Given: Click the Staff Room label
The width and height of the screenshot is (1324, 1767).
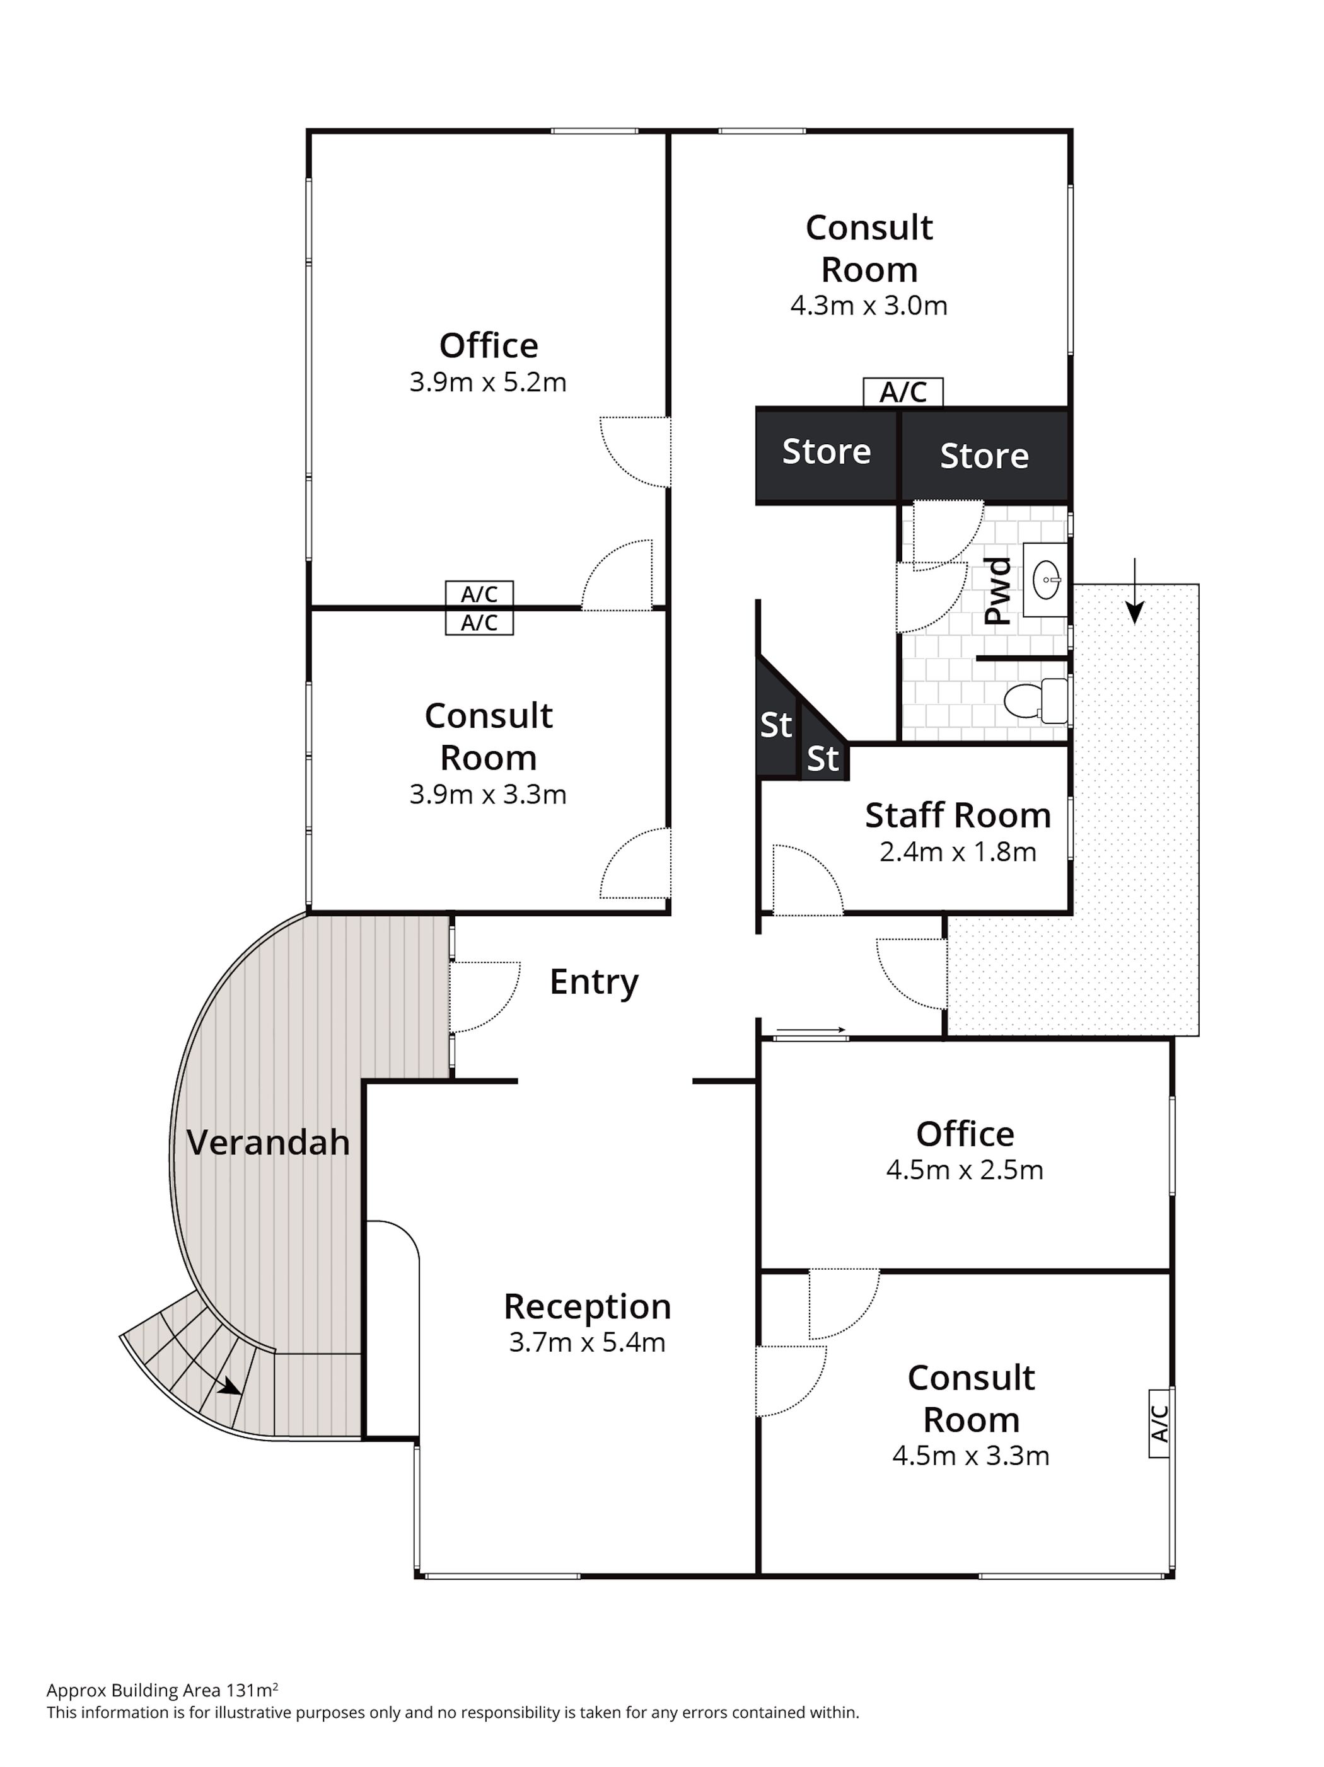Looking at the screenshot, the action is click(x=957, y=815).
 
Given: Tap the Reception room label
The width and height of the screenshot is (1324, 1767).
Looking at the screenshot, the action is click(x=588, y=1307).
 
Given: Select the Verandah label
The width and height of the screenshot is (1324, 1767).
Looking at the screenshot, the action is click(x=269, y=1143).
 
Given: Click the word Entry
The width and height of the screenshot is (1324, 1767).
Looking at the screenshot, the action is click(x=594, y=982).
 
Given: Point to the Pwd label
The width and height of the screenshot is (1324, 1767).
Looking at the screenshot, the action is click(x=997, y=591).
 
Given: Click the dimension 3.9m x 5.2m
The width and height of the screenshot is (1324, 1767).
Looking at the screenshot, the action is click(x=487, y=382).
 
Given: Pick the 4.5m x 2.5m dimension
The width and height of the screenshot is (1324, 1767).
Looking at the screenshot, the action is click(x=965, y=1170).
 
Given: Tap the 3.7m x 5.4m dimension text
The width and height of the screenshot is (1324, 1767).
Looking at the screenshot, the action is click(x=588, y=1343).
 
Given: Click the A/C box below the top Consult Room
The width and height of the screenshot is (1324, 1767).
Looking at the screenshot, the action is click(x=903, y=392).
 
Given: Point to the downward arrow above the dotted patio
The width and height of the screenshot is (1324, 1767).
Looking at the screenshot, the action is click(x=1134, y=592).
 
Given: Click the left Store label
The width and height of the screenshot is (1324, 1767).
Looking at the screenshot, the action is click(x=826, y=452).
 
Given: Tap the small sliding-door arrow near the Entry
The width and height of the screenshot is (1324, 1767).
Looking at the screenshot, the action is click(x=810, y=1030).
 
